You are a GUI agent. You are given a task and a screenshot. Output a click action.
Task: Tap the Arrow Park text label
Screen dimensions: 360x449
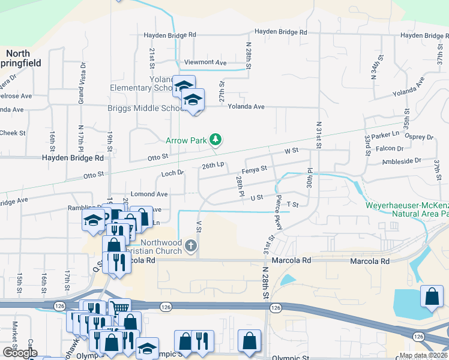coord(186,140)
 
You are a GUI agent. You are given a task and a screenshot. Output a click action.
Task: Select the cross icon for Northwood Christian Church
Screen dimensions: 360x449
coord(191,245)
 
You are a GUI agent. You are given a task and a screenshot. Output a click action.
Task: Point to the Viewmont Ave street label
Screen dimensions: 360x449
coord(205,62)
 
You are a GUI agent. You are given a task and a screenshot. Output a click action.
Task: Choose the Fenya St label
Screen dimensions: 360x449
coord(254,170)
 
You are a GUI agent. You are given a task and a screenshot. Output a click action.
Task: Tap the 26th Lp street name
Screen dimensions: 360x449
coord(213,165)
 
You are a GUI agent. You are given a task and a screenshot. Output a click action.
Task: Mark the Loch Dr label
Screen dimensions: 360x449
coord(172,174)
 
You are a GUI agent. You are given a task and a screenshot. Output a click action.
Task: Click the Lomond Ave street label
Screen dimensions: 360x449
coord(149,194)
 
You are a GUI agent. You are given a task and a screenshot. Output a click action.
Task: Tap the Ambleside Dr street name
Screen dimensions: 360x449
coord(402,161)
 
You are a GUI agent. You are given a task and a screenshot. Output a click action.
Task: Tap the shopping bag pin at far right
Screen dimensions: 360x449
coord(432,297)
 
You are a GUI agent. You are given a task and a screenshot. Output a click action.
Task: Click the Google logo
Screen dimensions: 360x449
coord(20,353)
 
